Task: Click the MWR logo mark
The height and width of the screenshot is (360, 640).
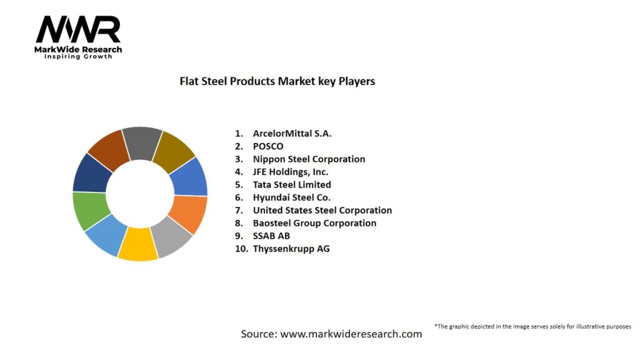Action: click(78, 29)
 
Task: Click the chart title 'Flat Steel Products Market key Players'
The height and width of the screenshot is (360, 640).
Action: click(277, 81)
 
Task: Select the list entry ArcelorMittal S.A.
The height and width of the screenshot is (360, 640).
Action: click(292, 133)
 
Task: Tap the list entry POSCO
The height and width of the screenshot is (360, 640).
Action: click(267, 146)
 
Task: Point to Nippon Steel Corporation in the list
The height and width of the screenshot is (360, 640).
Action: click(309, 159)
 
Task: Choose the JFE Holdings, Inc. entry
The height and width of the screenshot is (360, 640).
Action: click(290, 172)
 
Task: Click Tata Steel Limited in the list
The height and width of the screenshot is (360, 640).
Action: click(292, 184)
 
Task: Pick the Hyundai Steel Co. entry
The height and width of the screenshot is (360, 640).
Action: click(292, 197)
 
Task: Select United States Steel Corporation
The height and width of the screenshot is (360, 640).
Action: click(322, 210)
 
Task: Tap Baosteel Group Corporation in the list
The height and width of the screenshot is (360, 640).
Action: click(314, 223)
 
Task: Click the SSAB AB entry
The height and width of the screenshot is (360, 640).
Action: click(271, 236)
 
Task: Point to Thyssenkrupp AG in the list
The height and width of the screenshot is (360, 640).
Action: click(291, 249)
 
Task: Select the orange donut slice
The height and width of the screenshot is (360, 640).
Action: click(190, 213)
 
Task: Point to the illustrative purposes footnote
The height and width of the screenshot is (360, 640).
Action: click(532, 326)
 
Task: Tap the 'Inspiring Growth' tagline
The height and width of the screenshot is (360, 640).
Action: click(78, 57)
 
